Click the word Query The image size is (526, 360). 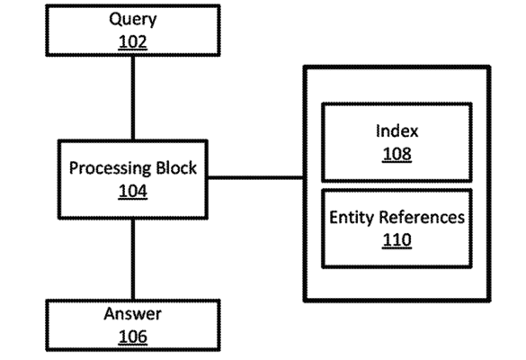[x=133, y=20]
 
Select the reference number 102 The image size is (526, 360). [x=133, y=42]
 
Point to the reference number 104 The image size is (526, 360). [x=133, y=191]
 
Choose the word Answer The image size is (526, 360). [x=133, y=314]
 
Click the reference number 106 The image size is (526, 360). [x=133, y=337]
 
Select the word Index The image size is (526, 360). [x=397, y=131]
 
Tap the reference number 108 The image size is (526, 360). [x=397, y=154]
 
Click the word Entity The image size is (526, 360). [x=352, y=218]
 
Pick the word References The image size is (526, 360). [x=422, y=217]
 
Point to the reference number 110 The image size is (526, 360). [x=397, y=240]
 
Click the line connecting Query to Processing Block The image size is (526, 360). [x=133, y=98]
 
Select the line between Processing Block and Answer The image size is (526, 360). [x=133, y=259]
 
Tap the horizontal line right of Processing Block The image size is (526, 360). [x=255, y=177]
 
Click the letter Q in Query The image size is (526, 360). [x=115, y=19]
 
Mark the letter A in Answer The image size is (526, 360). [x=111, y=314]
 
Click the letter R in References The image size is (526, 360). [x=384, y=217]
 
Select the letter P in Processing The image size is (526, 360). [x=74, y=168]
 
